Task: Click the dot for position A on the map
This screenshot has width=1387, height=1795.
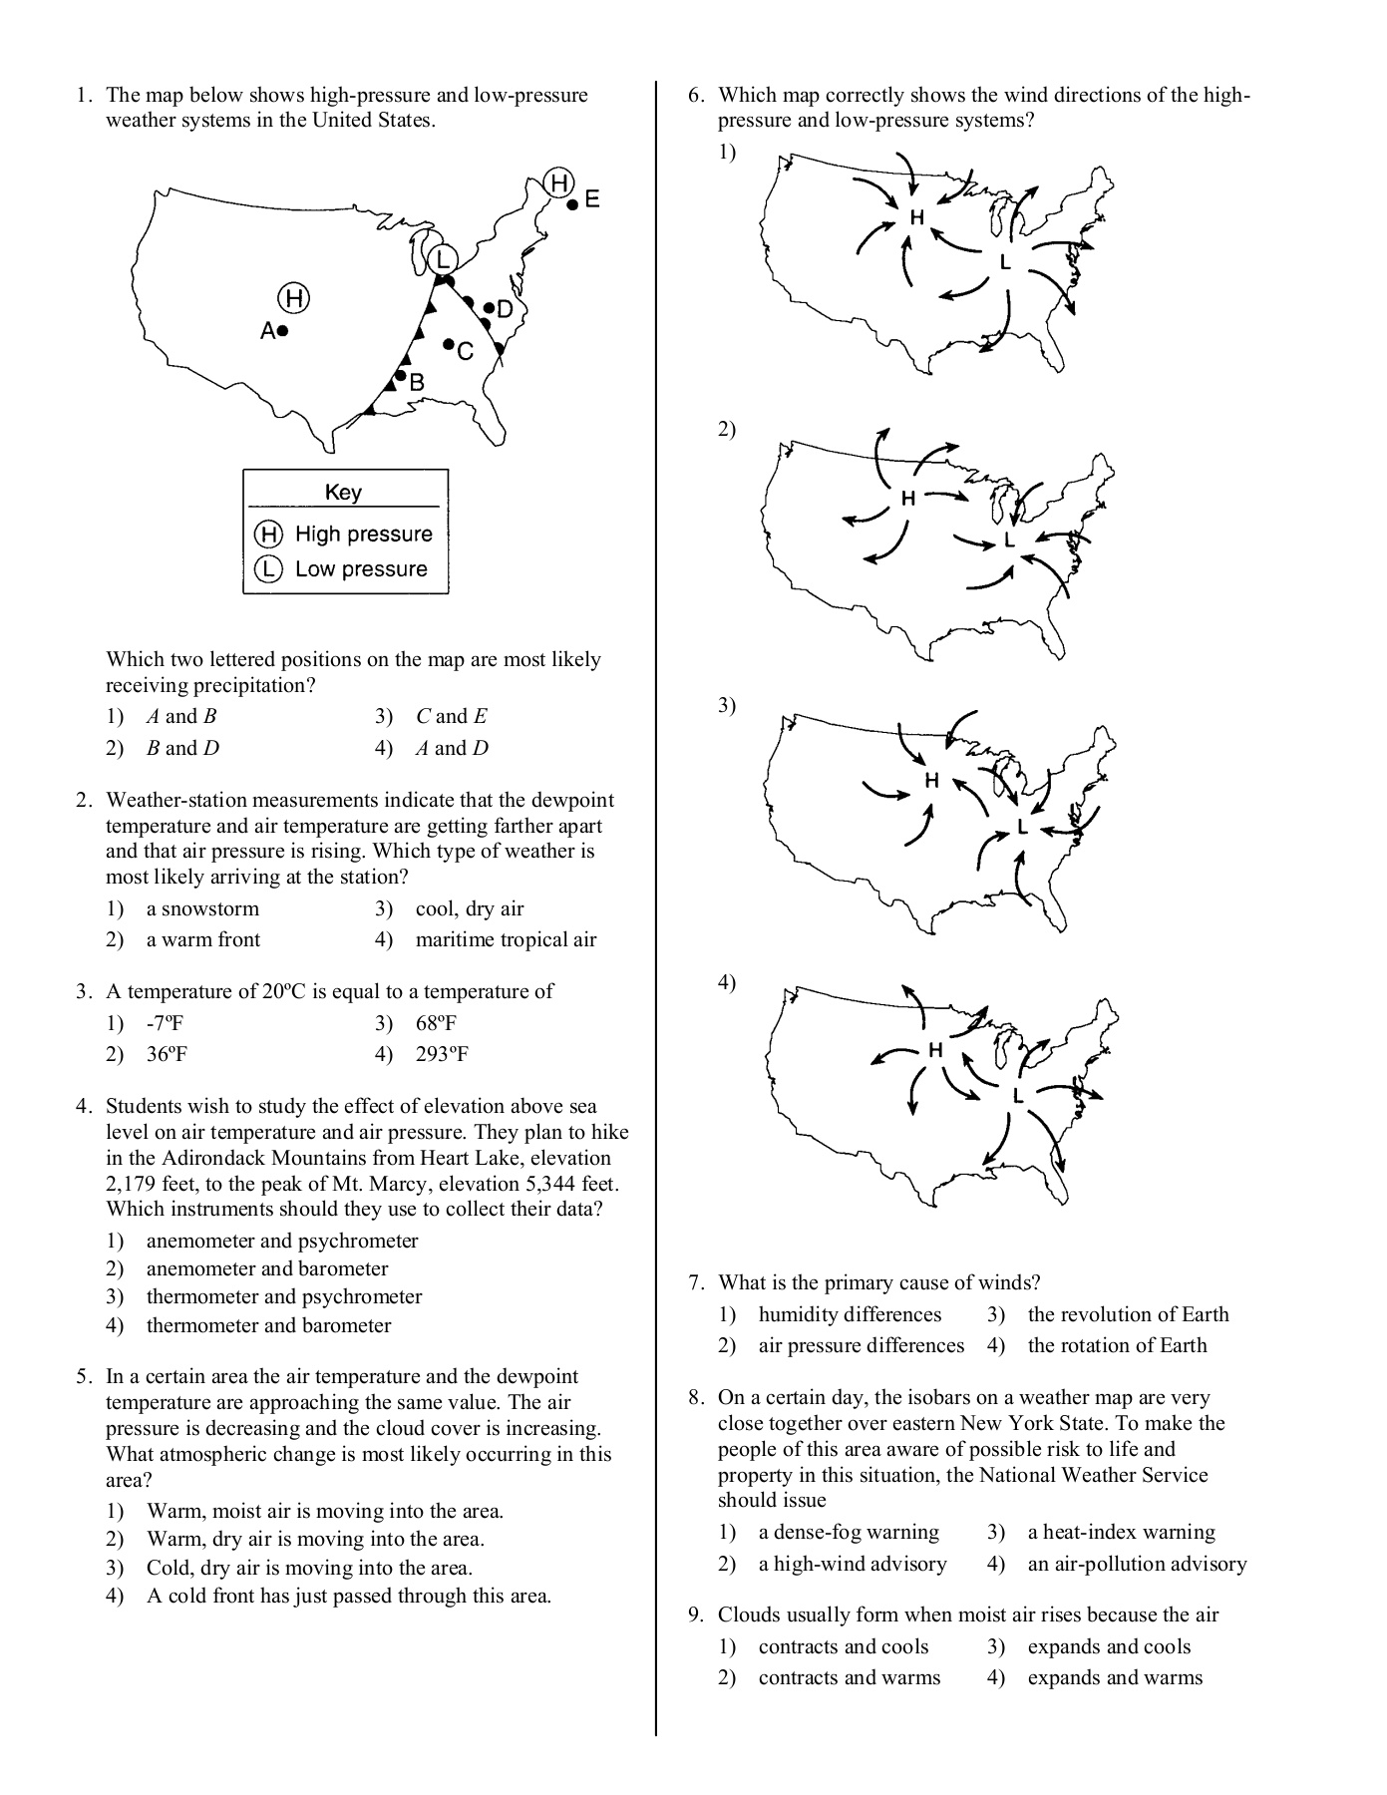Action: (x=283, y=330)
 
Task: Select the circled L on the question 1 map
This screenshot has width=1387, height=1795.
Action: (x=441, y=259)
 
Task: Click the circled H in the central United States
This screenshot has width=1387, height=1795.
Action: (x=293, y=297)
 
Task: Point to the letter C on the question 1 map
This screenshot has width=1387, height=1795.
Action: (x=466, y=352)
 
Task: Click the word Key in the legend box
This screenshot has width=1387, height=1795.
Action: (x=343, y=492)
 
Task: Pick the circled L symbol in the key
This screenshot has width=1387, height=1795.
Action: (x=267, y=569)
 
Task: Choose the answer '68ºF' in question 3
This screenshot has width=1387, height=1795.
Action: (x=436, y=1023)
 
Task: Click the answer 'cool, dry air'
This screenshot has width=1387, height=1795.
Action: (x=469, y=908)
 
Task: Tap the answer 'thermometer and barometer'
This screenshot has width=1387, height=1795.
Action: (x=268, y=1325)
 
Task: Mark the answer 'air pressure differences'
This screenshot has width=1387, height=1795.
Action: (x=861, y=1345)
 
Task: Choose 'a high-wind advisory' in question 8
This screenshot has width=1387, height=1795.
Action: (x=852, y=1564)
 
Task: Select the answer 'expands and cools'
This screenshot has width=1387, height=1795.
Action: (x=1109, y=1646)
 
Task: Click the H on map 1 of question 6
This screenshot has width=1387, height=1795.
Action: (x=916, y=217)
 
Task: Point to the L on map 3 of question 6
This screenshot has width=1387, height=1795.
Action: (x=1022, y=828)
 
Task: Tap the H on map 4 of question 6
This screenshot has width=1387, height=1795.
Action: (x=935, y=1050)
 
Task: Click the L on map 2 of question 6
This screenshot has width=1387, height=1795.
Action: (x=1009, y=539)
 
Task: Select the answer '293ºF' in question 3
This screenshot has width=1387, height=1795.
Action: (x=442, y=1054)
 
